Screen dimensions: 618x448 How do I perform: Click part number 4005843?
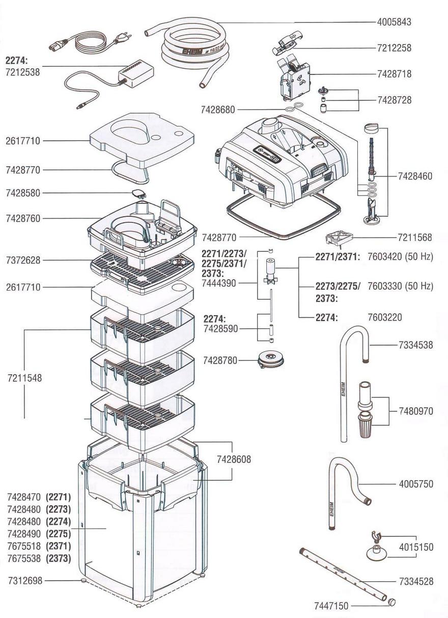[x=394, y=22]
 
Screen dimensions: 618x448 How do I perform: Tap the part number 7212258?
[x=394, y=48]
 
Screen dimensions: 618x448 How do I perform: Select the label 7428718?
[x=394, y=74]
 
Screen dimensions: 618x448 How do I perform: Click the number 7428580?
[x=23, y=193]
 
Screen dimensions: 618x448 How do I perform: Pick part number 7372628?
[x=23, y=260]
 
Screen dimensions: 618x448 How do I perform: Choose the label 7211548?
[x=24, y=378]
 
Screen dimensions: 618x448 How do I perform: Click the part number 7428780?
[x=220, y=360]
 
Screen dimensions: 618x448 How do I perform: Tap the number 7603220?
[x=385, y=317]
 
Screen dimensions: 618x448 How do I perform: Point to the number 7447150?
[x=331, y=606]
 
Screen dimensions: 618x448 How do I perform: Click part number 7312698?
[x=25, y=580]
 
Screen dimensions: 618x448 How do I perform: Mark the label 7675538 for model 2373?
[x=24, y=558]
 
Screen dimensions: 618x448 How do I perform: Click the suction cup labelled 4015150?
[x=377, y=552]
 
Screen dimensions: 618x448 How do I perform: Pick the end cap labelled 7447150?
[x=391, y=602]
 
